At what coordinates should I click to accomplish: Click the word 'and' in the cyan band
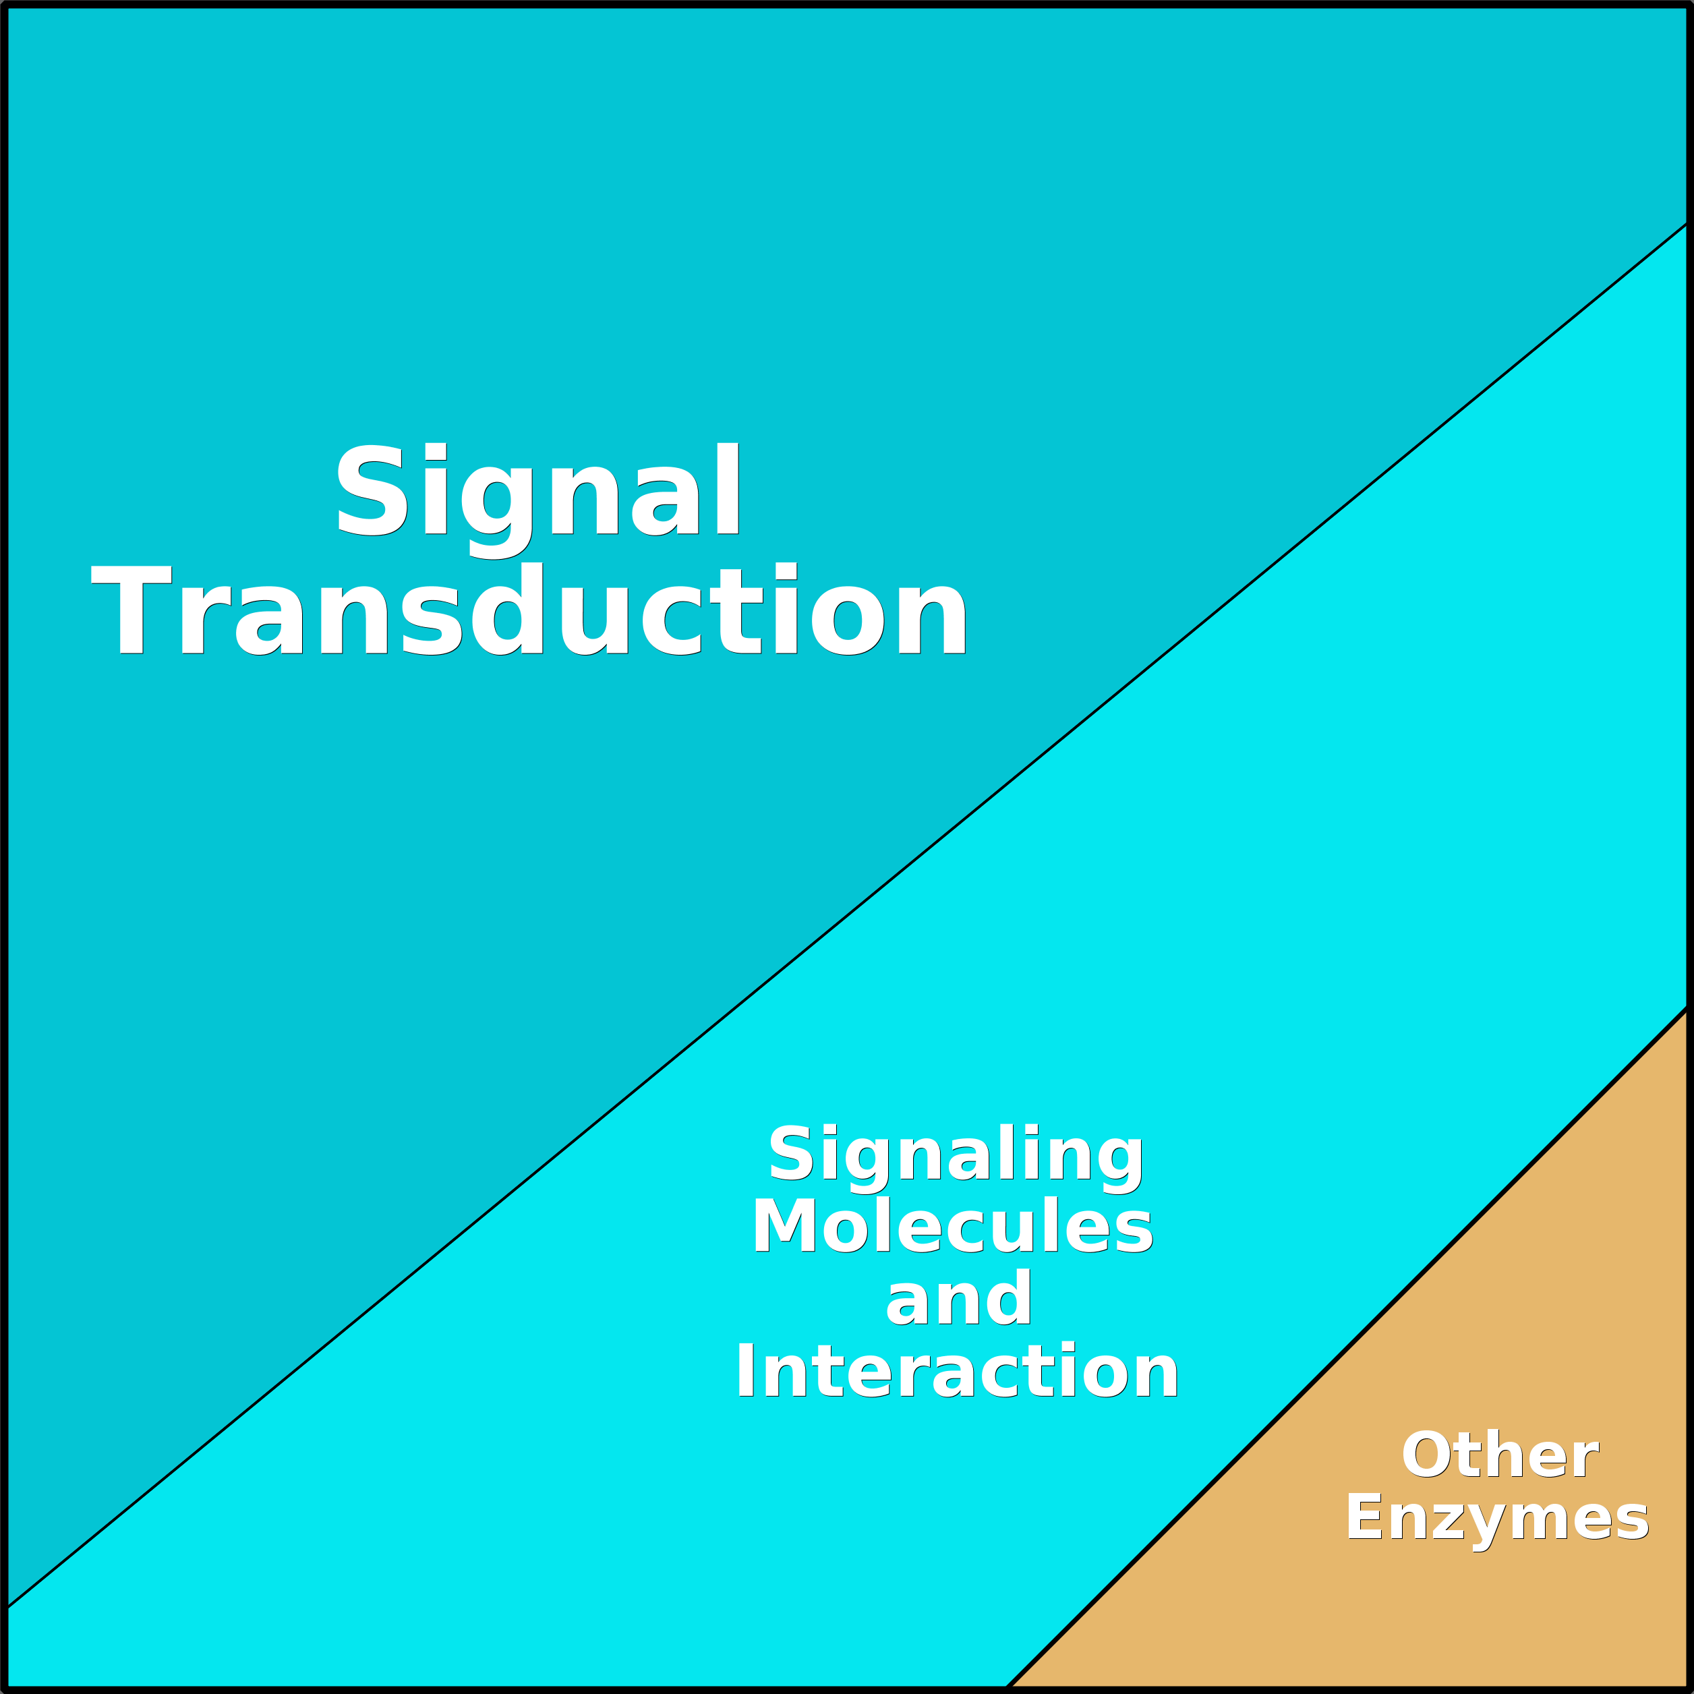pos(958,1297)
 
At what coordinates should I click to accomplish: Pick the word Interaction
pos(957,1370)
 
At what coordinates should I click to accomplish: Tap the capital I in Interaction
pos(745,1369)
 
